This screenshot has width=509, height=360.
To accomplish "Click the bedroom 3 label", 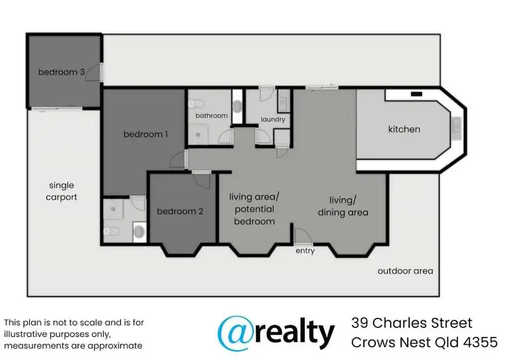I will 61,72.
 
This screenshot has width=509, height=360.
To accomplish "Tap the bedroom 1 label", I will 145,134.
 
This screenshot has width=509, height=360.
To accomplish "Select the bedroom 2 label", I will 180,211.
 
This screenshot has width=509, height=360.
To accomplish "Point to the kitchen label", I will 404,129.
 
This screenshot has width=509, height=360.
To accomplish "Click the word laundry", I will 273,120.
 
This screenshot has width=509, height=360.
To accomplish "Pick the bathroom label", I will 211,115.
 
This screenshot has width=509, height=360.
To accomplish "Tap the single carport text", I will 62,191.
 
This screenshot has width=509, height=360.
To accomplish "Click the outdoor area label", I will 405,271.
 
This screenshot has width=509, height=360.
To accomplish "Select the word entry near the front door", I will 305,251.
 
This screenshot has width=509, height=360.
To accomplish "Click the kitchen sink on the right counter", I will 457,126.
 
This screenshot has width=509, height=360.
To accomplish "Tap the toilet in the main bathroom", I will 195,104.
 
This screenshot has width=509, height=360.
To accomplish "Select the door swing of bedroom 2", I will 202,178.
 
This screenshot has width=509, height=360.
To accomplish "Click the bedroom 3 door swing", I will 99,72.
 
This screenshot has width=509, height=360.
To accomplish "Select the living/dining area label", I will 343,206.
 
